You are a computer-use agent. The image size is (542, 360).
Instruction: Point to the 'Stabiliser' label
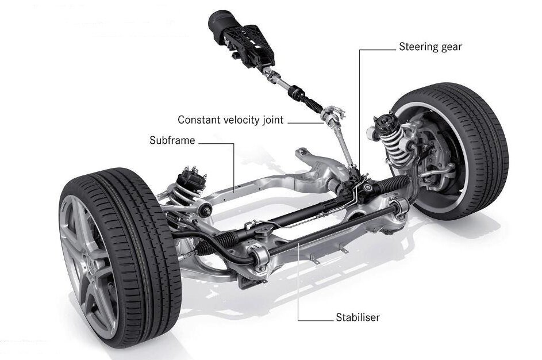357,317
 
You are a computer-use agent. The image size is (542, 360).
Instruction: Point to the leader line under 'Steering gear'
361,104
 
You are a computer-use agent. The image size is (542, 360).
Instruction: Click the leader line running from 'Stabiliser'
298,288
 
